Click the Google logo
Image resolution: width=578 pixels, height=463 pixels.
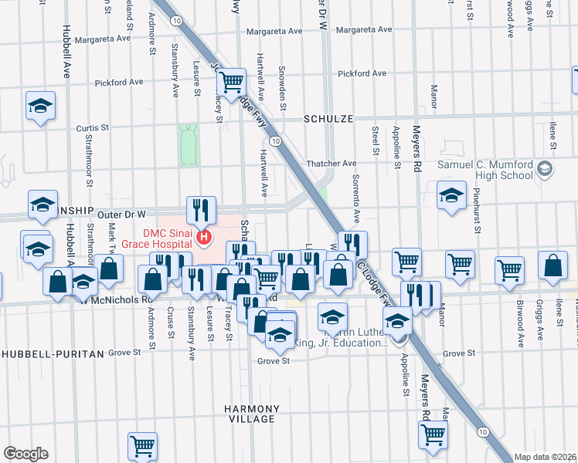[x=25, y=454]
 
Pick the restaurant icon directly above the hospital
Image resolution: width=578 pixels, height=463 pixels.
[x=201, y=208]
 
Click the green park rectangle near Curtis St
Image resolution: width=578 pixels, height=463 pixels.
[x=186, y=145]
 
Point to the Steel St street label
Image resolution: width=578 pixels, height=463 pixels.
[x=376, y=140]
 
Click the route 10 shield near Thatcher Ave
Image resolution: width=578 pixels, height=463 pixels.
[x=275, y=140]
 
